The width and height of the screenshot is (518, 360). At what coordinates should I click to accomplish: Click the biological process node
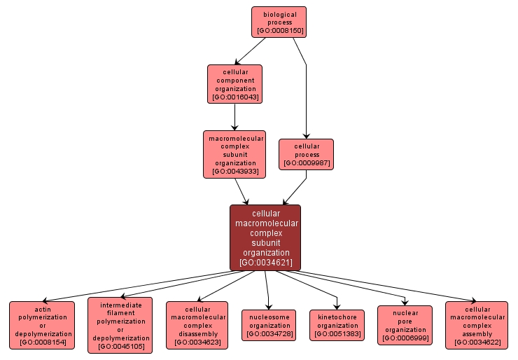[x=280, y=22]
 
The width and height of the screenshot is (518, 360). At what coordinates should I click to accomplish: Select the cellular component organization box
[x=234, y=83]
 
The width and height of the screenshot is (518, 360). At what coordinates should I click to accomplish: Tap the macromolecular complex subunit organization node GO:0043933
[x=234, y=154]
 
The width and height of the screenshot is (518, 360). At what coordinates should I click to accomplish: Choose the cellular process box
[x=306, y=154]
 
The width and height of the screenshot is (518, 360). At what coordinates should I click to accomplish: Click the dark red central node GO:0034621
[x=265, y=237]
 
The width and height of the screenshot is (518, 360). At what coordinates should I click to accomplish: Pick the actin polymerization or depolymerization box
[x=42, y=325]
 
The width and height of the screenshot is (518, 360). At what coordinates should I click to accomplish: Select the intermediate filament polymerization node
[x=120, y=326]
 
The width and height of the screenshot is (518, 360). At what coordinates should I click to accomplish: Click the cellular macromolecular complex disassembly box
[x=197, y=325]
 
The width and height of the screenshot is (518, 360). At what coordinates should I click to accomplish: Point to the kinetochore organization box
[x=337, y=326]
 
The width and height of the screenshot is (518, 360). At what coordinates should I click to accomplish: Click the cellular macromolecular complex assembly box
[x=477, y=325]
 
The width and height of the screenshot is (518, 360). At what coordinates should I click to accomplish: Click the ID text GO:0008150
[x=280, y=32]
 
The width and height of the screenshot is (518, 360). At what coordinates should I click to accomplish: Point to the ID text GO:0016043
[x=234, y=97]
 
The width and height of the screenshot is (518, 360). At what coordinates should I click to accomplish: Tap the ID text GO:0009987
[x=306, y=163]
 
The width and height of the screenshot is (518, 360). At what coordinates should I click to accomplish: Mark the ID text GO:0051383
[x=337, y=335]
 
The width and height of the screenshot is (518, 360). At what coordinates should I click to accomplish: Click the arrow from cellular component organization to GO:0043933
[x=234, y=117]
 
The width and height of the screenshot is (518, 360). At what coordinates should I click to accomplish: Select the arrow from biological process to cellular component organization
[x=250, y=51]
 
